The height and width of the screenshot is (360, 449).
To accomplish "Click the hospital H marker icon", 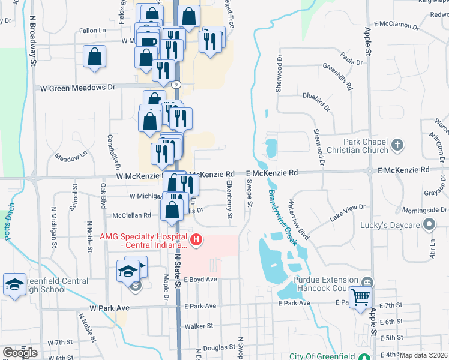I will (196, 241).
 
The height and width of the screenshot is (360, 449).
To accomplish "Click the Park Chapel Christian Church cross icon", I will (397, 145).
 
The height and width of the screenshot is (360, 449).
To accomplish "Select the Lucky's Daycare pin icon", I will (429, 225).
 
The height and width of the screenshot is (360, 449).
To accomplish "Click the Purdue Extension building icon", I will (367, 281).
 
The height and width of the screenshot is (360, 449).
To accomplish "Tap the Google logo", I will (19, 353).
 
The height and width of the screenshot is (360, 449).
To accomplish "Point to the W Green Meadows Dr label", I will (77, 88).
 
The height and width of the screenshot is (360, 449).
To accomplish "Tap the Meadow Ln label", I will (71, 158).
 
